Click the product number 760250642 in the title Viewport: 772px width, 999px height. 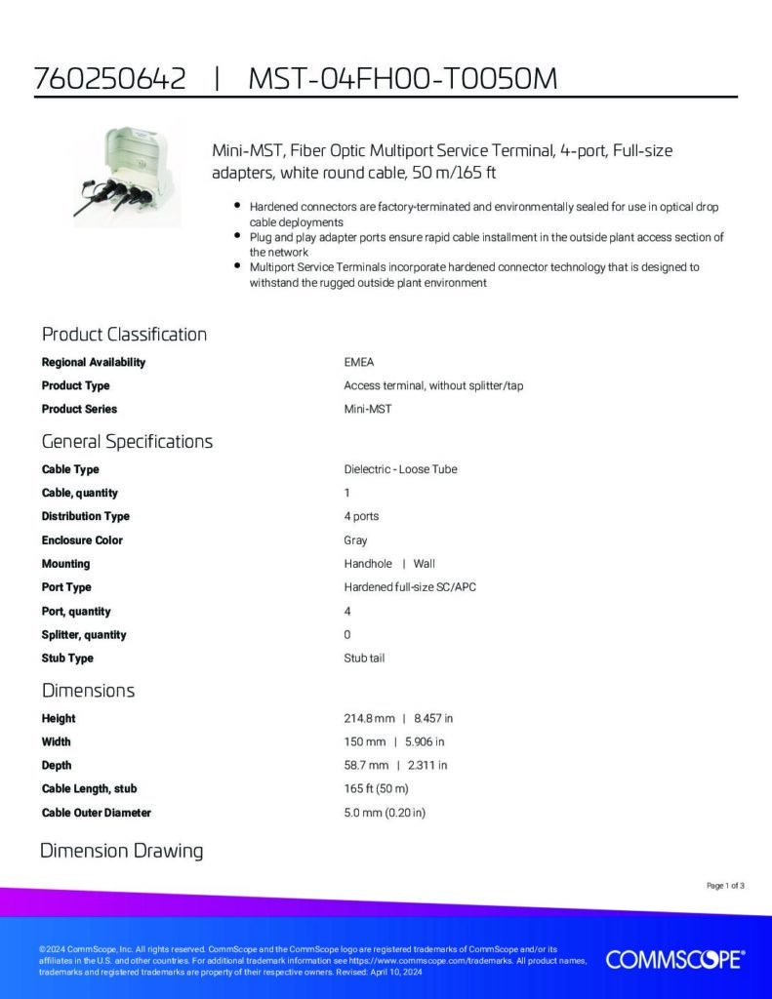[109, 79]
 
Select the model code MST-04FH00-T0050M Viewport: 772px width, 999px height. [402, 79]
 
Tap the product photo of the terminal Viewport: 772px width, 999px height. [127, 179]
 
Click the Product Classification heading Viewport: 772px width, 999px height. [124, 335]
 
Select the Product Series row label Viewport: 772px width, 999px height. [79, 409]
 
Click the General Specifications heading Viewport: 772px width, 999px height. [127, 441]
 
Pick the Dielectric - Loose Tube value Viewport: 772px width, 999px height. [400, 469]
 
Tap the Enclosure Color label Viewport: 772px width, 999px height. [82, 540]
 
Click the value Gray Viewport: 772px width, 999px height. [355, 540]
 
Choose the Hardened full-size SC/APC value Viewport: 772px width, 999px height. [410, 587]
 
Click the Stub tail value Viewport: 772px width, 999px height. [364, 659]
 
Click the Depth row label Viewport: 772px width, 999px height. [57, 766]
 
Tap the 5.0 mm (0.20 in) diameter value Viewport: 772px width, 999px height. [385, 813]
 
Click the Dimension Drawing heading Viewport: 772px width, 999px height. [121, 851]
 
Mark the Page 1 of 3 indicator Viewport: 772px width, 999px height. [725, 886]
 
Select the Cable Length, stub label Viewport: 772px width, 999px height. [89, 789]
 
